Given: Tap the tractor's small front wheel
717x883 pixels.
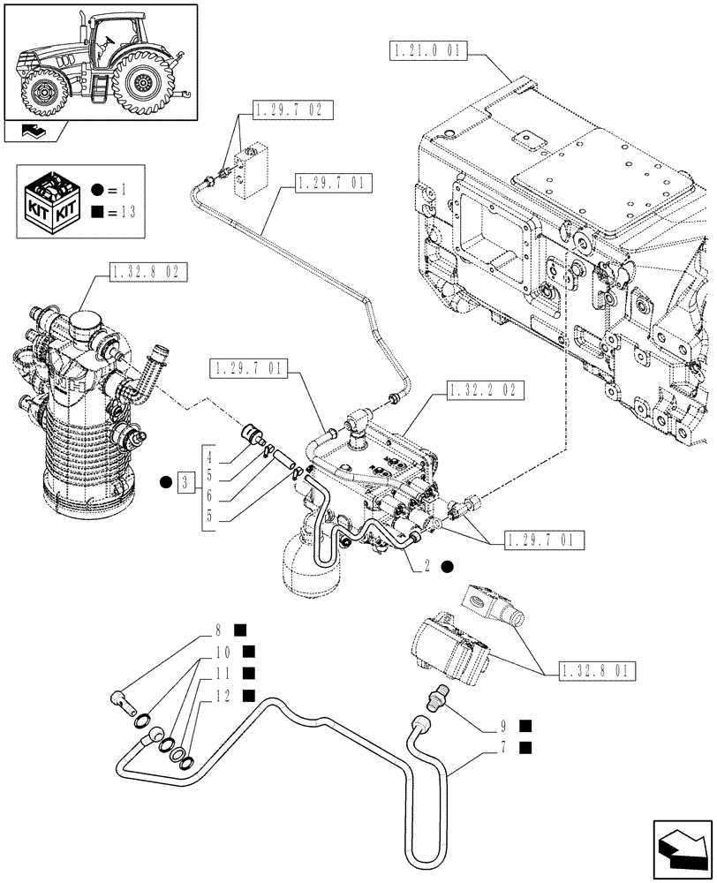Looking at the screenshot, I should (x=43, y=92).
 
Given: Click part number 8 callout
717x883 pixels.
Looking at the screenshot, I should (x=217, y=630).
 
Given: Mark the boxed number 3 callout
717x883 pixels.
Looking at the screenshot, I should (x=184, y=482).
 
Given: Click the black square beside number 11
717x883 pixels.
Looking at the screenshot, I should (x=248, y=675).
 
